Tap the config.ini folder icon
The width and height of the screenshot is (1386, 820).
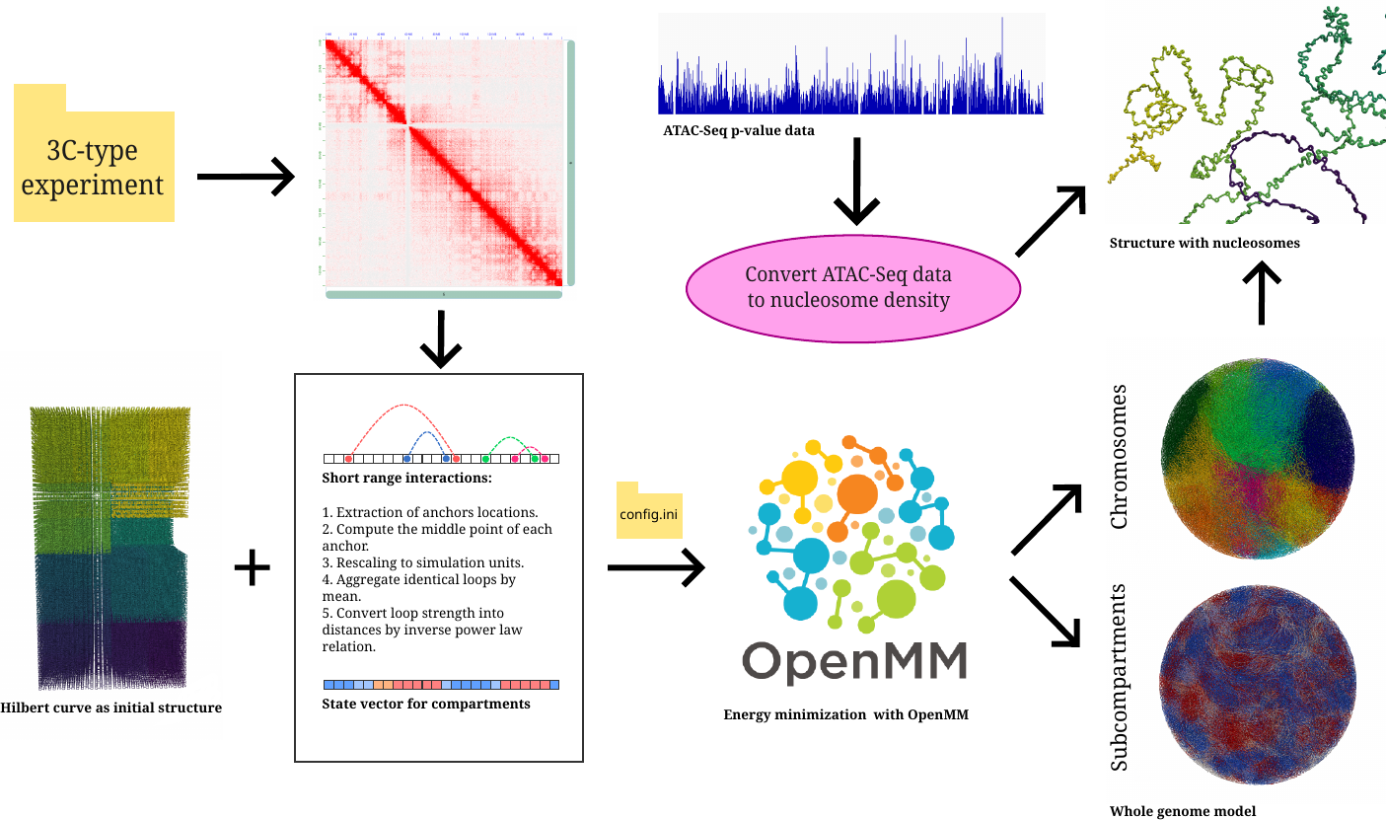(649, 511)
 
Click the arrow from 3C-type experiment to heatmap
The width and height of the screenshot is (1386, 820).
(246, 178)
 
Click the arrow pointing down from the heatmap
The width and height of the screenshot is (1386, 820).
(441, 341)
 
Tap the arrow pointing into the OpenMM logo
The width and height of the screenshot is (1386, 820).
(655, 566)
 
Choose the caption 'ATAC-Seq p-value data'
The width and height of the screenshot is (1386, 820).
(739, 129)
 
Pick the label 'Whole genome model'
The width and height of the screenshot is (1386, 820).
(1183, 811)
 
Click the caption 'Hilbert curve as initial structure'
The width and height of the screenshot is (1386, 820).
(111, 708)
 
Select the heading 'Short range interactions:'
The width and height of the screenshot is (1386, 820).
(406, 479)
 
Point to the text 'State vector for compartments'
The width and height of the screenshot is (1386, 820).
(426, 704)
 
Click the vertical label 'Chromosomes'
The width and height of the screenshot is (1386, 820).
(1119, 456)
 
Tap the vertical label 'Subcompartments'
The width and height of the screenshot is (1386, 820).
(1119, 678)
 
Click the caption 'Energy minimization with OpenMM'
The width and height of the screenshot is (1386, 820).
(846, 713)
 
